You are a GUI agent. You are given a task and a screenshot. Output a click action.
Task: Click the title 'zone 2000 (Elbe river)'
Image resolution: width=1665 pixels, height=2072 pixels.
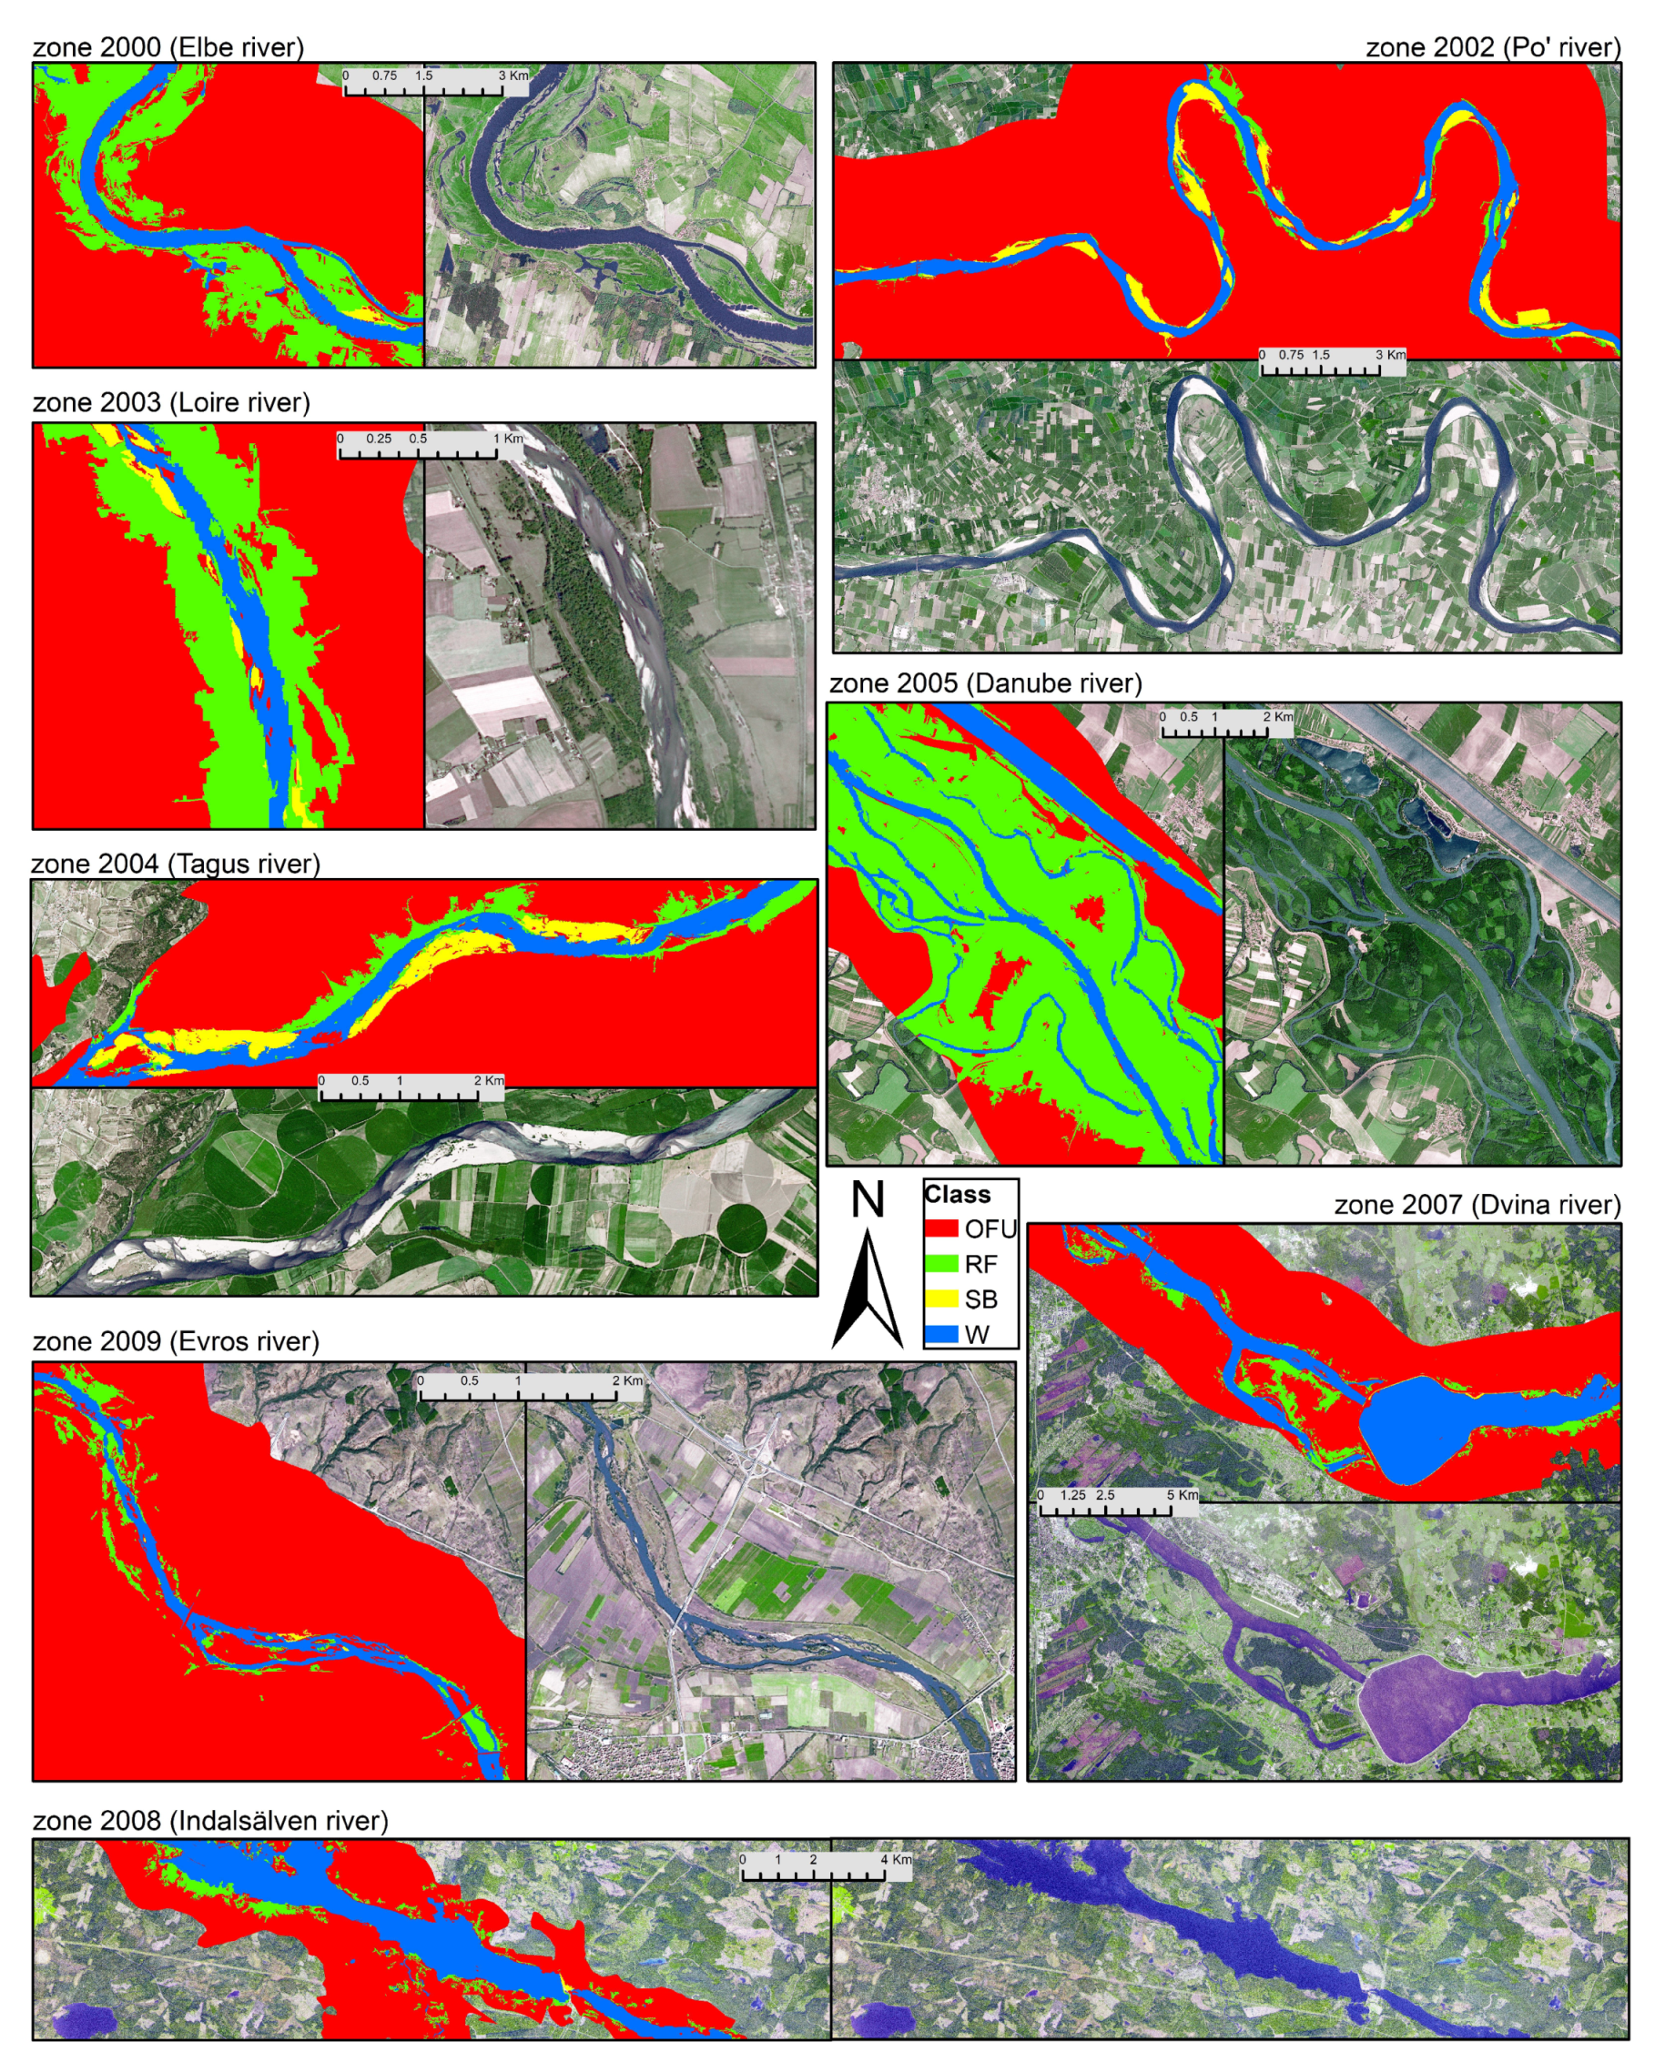click(x=168, y=47)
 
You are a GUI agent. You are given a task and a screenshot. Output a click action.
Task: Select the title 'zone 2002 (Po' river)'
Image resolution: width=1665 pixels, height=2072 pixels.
click(x=1492, y=47)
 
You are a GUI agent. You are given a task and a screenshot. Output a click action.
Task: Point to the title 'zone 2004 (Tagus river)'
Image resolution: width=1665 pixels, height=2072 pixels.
click(x=175, y=863)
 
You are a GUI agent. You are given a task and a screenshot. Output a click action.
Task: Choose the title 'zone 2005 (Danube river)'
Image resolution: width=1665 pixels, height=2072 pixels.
click(x=985, y=683)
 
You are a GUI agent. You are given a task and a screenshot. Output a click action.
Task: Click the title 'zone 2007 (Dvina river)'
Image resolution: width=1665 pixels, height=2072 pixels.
click(x=1477, y=1204)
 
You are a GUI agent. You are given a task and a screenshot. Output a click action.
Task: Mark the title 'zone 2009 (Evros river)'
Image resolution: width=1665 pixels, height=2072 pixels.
click(x=176, y=1340)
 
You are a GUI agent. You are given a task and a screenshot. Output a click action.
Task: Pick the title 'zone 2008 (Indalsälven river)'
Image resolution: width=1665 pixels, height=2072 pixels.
click(x=210, y=1820)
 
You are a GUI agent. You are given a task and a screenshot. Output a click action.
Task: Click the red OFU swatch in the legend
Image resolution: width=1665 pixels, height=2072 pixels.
click(x=941, y=1228)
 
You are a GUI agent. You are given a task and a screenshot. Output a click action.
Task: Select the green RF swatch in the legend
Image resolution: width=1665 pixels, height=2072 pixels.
click(x=941, y=1264)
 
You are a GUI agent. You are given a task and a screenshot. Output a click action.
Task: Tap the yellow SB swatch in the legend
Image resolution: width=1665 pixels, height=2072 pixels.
click(x=941, y=1299)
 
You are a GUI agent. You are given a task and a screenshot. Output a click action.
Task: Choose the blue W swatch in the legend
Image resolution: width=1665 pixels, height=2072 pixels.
click(x=941, y=1334)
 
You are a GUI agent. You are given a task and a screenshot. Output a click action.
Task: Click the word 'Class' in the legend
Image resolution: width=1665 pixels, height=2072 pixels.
click(x=958, y=1195)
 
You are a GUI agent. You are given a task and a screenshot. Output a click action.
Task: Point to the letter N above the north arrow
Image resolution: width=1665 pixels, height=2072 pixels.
click(x=868, y=1199)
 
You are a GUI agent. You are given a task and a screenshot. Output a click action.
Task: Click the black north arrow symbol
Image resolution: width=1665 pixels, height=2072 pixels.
click(x=868, y=1292)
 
